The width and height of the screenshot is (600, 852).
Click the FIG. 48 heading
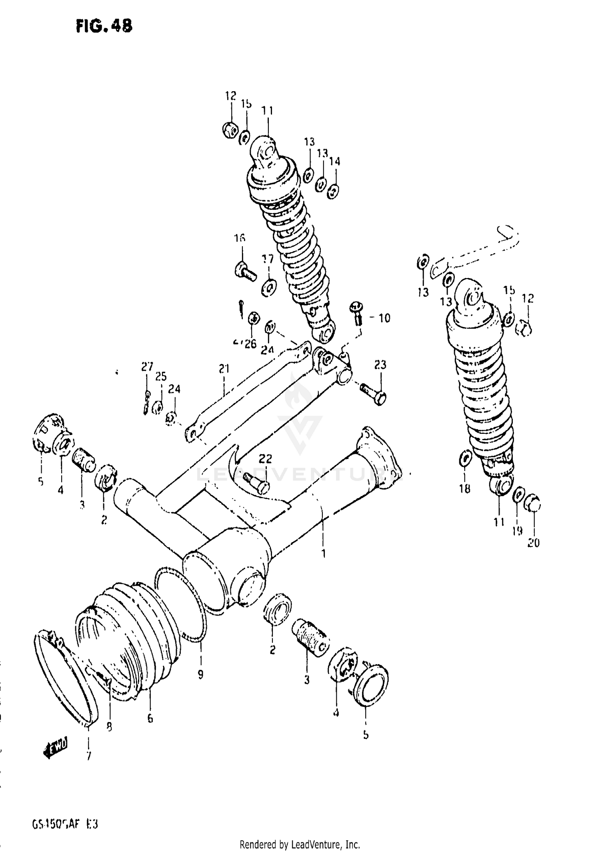104,26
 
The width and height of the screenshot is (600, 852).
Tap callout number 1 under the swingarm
323,554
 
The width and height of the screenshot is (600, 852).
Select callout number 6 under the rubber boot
150,719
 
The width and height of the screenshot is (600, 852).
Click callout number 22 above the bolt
265,458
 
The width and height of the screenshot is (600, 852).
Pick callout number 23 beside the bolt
380,365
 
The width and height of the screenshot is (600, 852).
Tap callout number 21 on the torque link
224,368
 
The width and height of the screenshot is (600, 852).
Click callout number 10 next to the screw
384,318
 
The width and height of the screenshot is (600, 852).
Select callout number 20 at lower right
534,543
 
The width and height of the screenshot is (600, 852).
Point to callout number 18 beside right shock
465,488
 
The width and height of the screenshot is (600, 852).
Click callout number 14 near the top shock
335,162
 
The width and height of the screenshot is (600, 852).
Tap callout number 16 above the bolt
240,239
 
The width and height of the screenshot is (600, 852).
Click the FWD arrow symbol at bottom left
56,746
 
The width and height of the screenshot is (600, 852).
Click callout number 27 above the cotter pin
147,367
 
